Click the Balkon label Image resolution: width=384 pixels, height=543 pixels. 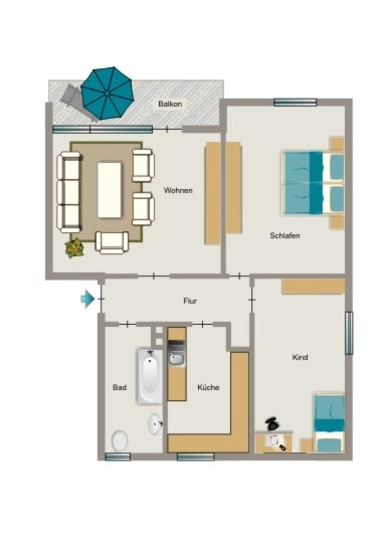170,104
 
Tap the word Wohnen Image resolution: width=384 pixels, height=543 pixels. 178,190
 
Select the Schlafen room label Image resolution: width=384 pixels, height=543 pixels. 285,236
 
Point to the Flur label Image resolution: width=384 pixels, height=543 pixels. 190,301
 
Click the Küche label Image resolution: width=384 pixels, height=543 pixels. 208,387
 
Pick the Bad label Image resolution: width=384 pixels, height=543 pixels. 119,388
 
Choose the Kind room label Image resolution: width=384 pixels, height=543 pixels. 300,357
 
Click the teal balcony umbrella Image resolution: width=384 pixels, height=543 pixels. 107,93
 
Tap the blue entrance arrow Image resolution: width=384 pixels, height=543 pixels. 88,299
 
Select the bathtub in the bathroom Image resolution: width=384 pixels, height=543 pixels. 150,376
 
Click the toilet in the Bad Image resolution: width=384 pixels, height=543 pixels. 120,441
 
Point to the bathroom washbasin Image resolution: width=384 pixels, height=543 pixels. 155,424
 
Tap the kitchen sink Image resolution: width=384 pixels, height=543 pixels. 177,358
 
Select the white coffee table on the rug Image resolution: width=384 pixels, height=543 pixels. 109,190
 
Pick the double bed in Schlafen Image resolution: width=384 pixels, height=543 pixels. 313,182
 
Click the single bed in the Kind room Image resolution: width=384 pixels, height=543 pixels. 329,422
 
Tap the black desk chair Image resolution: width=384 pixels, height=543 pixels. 273,424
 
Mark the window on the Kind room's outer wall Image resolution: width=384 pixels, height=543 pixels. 349,333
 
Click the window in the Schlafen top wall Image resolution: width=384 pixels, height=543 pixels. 295,102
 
